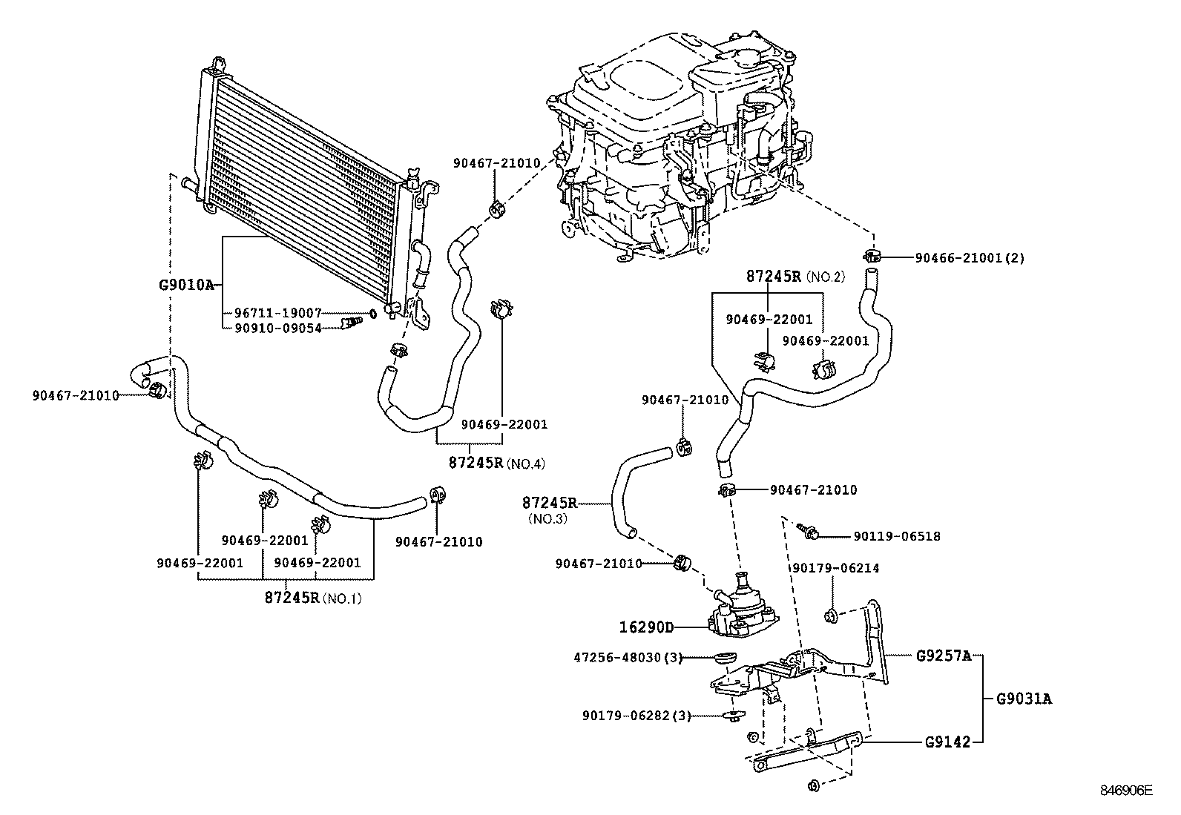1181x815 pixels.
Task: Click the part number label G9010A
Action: (186, 284)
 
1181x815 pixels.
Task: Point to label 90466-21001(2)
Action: (969, 258)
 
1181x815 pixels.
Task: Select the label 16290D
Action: (646, 627)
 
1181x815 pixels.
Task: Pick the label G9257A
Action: (943, 656)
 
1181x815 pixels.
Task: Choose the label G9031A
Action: (1024, 699)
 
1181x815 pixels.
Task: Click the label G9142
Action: (947, 741)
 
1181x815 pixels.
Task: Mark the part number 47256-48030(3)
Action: (628, 658)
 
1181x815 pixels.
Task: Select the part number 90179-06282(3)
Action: (636, 716)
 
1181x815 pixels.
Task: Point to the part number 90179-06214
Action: (835, 568)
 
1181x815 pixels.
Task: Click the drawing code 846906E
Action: (1125, 791)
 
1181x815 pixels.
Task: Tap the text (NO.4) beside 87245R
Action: (526, 464)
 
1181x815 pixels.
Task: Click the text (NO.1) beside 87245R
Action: (343, 598)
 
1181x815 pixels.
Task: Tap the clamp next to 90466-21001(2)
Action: (871, 257)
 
